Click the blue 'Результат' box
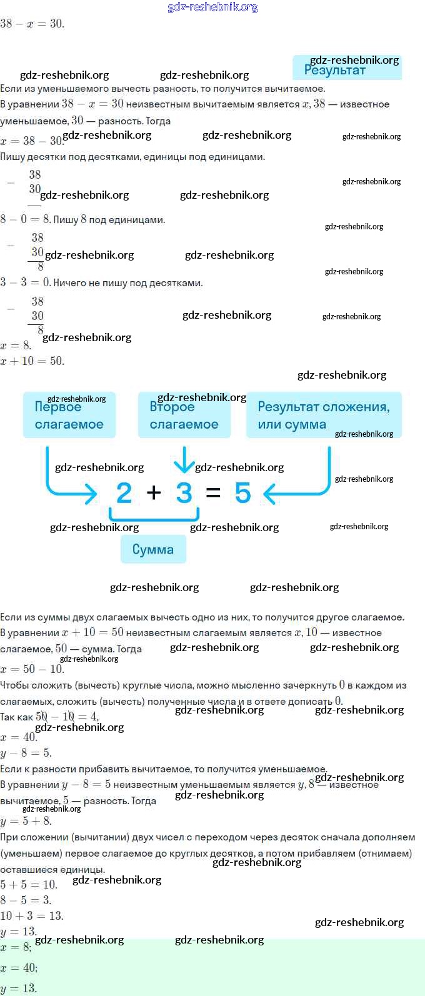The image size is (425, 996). [x=347, y=67]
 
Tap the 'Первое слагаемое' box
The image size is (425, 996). [x=69, y=415]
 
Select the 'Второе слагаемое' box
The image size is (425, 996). [x=184, y=415]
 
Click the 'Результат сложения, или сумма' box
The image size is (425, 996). [x=323, y=415]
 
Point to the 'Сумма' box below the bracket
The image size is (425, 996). [x=153, y=550]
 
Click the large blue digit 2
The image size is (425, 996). [x=124, y=493]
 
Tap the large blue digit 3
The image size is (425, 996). [x=184, y=493]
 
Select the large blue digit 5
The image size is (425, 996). [x=242, y=493]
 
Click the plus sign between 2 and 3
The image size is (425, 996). [x=154, y=493]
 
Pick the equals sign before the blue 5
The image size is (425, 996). [x=213, y=493]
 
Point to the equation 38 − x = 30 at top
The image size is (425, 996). [x=32, y=24]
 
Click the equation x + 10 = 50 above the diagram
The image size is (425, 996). [x=32, y=361]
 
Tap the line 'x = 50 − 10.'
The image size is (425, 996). [x=32, y=669]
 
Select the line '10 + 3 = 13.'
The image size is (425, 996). [x=32, y=915]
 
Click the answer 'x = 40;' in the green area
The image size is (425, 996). [x=19, y=968]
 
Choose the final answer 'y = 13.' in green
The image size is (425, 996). [x=19, y=989]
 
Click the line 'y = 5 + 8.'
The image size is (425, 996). [x=26, y=820]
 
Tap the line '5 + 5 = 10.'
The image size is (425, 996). [x=29, y=884]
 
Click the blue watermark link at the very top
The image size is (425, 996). [x=212, y=7]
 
